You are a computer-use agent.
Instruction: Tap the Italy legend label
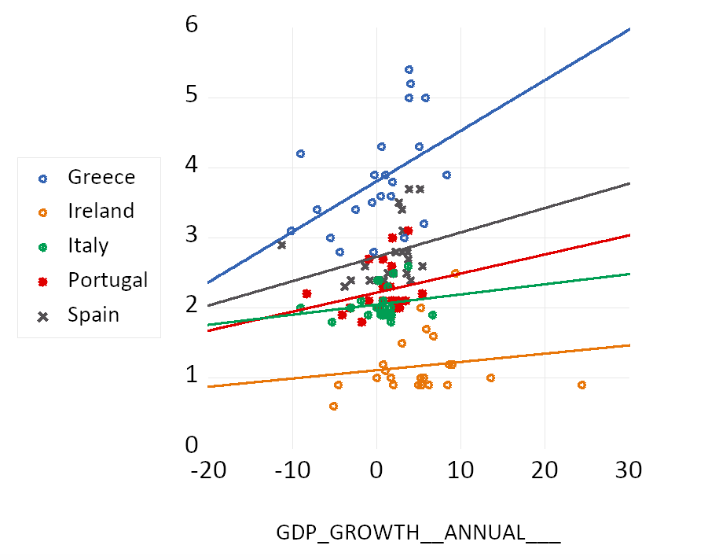pyautogui.click(x=88, y=245)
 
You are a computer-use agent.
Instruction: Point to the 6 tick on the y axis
pyautogui.click(x=192, y=26)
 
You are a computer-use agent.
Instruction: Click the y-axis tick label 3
pyautogui.click(x=192, y=236)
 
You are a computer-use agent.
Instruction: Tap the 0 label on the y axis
pyautogui.click(x=192, y=445)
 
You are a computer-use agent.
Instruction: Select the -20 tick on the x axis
pyautogui.click(x=208, y=471)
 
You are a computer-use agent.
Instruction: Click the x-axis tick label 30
pyautogui.click(x=628, y=471)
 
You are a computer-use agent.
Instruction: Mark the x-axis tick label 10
pyautogui.click(x=460, y=471)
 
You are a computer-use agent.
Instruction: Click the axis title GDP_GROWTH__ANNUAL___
pyautogui.click(x=418, y=532)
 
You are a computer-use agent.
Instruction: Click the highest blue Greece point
pyautogui.click(x=409, y=70)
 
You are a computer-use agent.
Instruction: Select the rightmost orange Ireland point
pyautogui.click(x=581, y=385)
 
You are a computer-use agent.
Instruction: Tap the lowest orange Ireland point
pyautogui.click(x=333, y=406)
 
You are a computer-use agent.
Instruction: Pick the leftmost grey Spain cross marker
pyautogui.click(x=281, y=245)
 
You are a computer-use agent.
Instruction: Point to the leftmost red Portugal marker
pyautogui.click(x=306, y=293)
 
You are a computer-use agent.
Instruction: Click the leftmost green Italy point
pyautogui.click(x=300, y=308)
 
